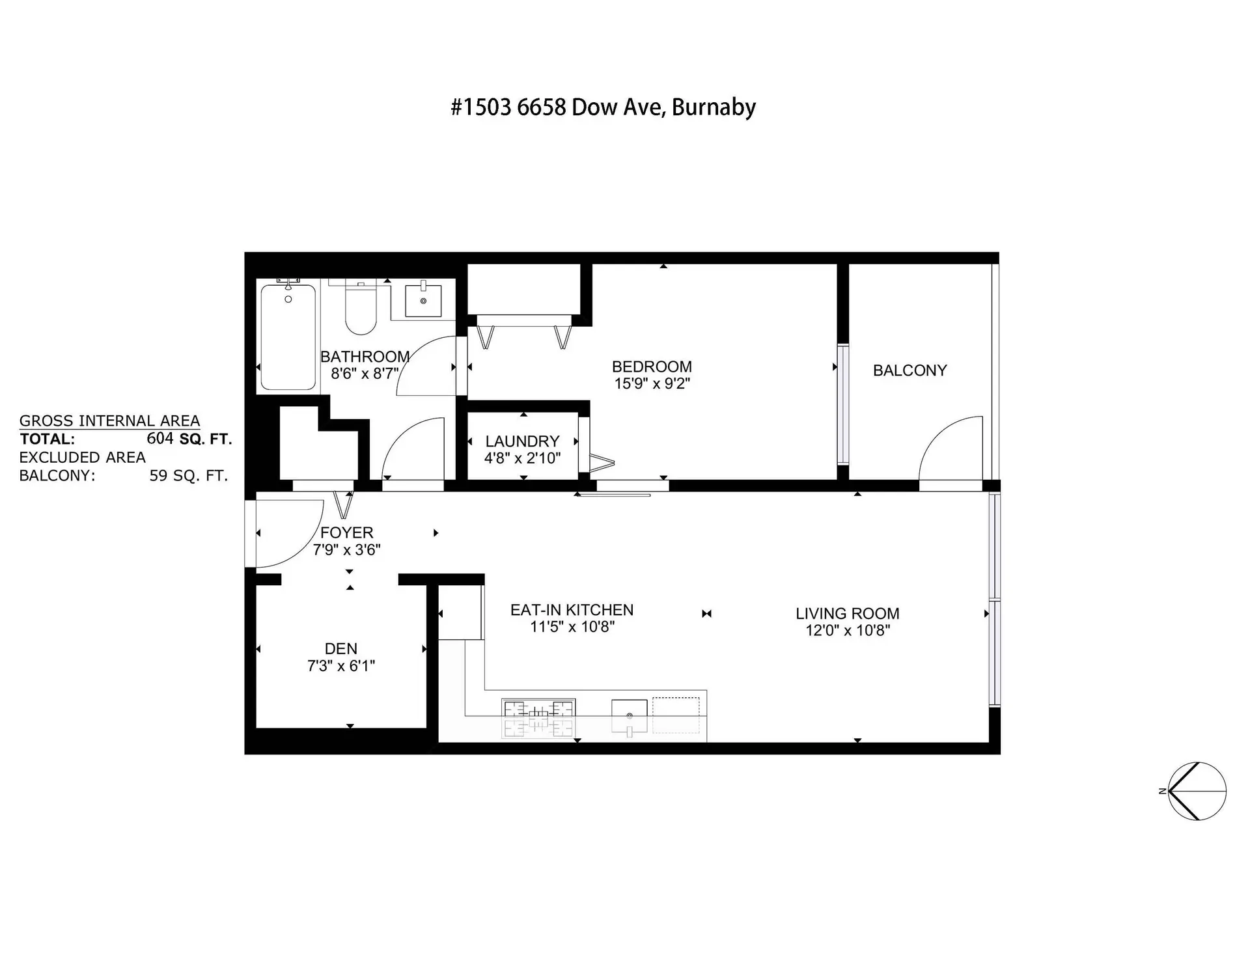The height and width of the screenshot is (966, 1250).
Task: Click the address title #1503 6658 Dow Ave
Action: tap(603, 107)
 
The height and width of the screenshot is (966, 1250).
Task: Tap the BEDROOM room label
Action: tap(652, 366)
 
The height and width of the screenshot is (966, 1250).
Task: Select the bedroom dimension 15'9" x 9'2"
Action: tap(652, 383)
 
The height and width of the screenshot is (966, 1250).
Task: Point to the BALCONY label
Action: tap(910, 370)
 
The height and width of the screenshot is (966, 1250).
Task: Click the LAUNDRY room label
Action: tap(522, 441)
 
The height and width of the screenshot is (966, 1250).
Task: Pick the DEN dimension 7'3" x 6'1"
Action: tap(341, 666)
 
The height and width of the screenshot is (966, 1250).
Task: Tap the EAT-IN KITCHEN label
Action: tap(572, 610)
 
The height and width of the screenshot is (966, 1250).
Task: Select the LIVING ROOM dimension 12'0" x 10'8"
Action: tap(847, 630)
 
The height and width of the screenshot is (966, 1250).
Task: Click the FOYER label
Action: tap(346, 532)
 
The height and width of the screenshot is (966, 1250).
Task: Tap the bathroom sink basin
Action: tap(423, 300)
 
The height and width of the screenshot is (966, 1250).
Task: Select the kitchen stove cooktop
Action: tap(538, 719)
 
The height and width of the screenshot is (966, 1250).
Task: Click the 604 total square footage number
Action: tap(160, 439)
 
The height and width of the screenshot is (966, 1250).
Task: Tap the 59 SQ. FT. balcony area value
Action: tap(188, 476)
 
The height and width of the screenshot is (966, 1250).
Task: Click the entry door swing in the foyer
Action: tap(290, 532)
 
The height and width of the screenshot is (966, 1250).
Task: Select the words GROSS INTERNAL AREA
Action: tap(109, 421)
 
